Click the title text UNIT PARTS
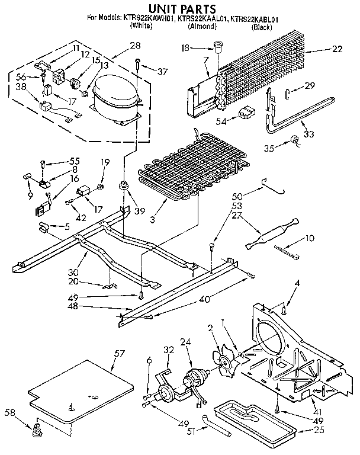pyautogui.click(x=179, y=8)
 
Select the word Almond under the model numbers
pyautogui.click(x=201, y=27)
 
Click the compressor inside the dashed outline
pyautogui.click(x=114, y=94)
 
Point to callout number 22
pyautogui.click(x=337, y=49)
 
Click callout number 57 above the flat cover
pyautogui.click(x=120, y=353)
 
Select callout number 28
pyautogui.click(x=135, y=45)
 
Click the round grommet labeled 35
pyautogui.click(x=294, y=140)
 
